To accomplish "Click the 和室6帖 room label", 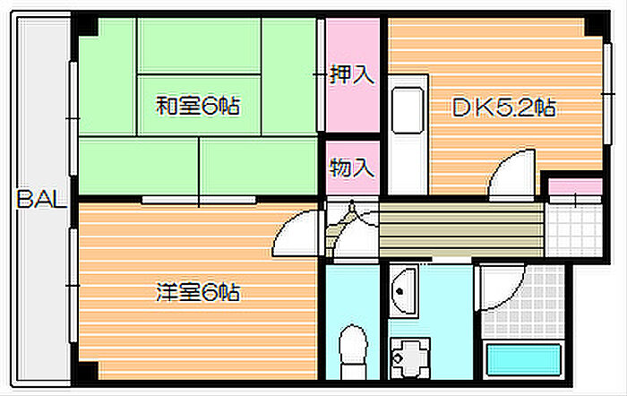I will [x=197, y=107].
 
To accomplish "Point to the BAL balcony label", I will [x=41, y=200].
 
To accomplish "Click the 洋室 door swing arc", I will [x=295, y=233].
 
